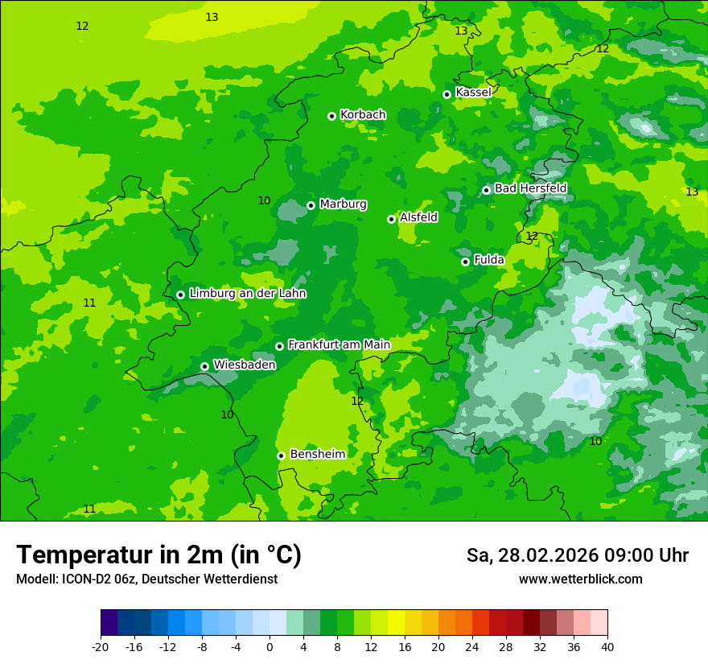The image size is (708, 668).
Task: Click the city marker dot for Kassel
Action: pyautogui.click(x=447, y=94)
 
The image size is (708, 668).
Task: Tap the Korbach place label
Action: pyautogui.click(x=363, y=114)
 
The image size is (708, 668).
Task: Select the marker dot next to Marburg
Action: pyautogui.click(x=311, y=205)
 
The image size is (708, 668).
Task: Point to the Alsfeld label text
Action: pyautogui.click(x=418, y=217)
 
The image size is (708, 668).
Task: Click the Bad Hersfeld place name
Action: pyautogui.click(x=530, y=188)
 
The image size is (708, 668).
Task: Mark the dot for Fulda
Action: pyautogui.click(x=465, y=262)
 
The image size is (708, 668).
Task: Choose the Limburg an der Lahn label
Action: pyautogui.click(x=247, y=294)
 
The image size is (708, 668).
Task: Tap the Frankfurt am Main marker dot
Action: pyautogui.click(x=279, y=346)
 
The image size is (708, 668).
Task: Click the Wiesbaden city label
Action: pyautogui.click(x=244, y=365)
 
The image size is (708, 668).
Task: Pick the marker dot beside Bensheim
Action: pyautogui.click(x=281, y=456)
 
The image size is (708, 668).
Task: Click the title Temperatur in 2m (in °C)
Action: pyautogui.click(x=158, y=555)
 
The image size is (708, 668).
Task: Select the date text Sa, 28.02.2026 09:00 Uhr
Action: pyautogui.click(x=577, y=555)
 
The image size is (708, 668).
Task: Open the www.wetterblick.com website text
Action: pyautogui.click(x=580, y=579)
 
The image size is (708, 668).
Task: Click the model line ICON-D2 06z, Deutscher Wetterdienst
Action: pyautogui.click(x=146, y=579)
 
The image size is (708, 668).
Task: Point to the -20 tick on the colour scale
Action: pyautogui.click(x=101, y=647)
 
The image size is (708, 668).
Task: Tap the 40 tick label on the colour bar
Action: pyautogui.click(x=607, y=647)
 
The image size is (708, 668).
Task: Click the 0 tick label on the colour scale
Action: pyautogui.click(x=270, y=647)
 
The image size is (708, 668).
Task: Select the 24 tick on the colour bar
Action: pyautogui.click(x=472, y=647)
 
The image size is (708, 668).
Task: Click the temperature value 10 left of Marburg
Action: pyautogui.click(x=264, y=200)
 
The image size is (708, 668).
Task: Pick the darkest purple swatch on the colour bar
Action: pyautogui.click(x=109, y=623)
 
